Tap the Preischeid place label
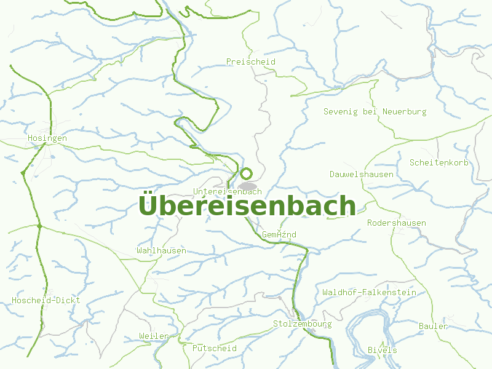250,62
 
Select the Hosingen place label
47,138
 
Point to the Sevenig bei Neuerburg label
375,112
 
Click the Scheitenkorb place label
439,162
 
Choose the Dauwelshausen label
362,175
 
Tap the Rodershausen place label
397,223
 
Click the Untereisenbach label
227,191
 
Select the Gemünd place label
279,235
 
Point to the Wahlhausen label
161,251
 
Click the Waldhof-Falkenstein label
369,293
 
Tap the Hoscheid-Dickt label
46,301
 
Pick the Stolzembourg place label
302,324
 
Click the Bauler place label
433,326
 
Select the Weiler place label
154,336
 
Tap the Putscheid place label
215,348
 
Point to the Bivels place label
382,350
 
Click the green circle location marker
246,173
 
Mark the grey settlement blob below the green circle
248,186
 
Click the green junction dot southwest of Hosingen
23,174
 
